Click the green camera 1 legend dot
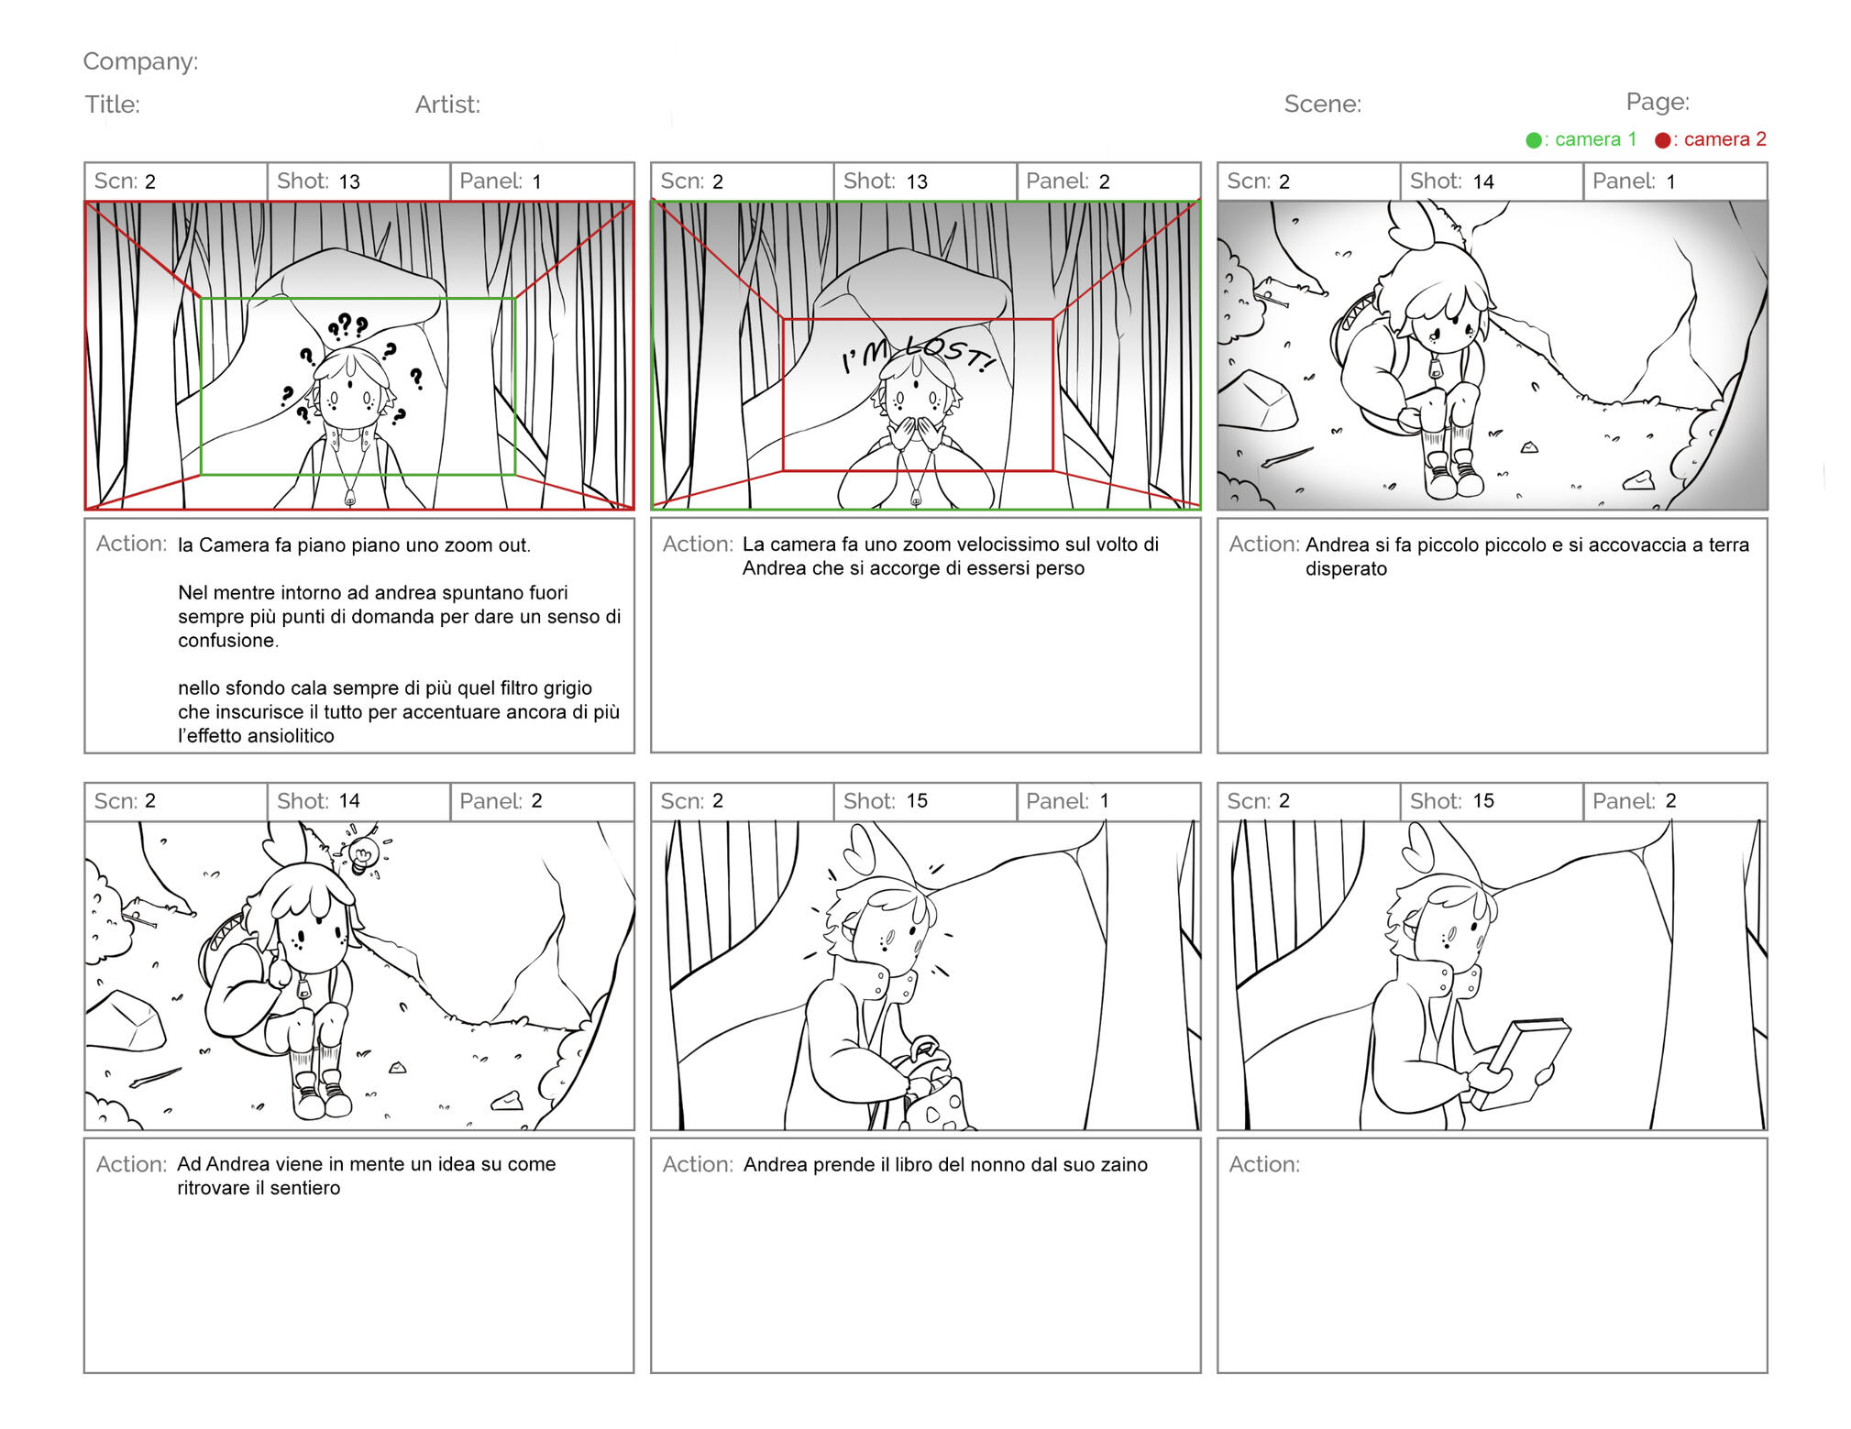coord(1533,140)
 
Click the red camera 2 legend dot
coord(1662,140)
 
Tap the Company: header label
coord(140,61)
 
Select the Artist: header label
coord(447,104)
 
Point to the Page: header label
coord(1658,102)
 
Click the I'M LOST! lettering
coord(918,355)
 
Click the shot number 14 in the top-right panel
coord(1483,181)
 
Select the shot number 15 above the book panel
coord(1483,801)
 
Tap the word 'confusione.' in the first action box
coord(228,641)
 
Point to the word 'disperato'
coord(1346,569)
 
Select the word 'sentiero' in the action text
coord(305,1188)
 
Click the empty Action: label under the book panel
coord(1264,1164)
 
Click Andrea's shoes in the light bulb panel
coord(321,1094)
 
